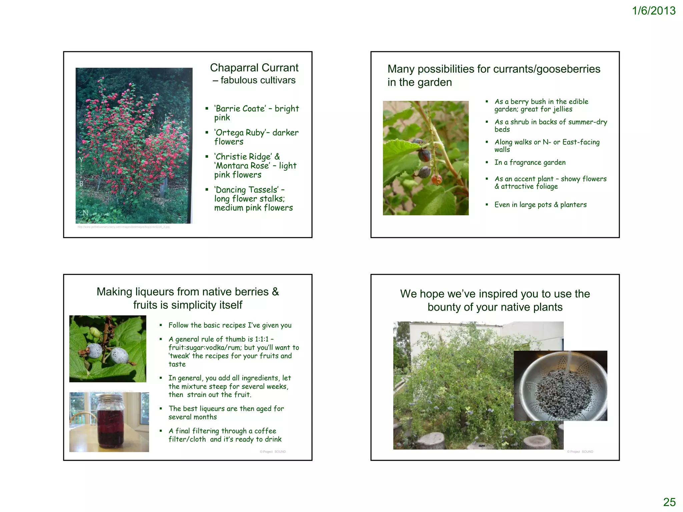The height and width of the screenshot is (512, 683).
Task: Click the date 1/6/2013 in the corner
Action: tap(653, 11)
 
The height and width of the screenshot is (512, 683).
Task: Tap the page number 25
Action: tap(669, 502)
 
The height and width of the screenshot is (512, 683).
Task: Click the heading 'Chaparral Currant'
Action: tap(254, 68)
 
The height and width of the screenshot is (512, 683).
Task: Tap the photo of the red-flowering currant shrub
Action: tap(134, 146)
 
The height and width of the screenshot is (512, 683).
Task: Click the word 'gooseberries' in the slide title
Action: tap(569, 69)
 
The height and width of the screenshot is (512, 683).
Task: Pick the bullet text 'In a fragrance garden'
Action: tap(530, 162)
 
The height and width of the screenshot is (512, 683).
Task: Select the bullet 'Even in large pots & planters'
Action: tap(540, 205)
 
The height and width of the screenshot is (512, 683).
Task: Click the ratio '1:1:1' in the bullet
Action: tap(261, 339)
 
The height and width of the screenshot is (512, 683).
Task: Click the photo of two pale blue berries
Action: tap(107, 349)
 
